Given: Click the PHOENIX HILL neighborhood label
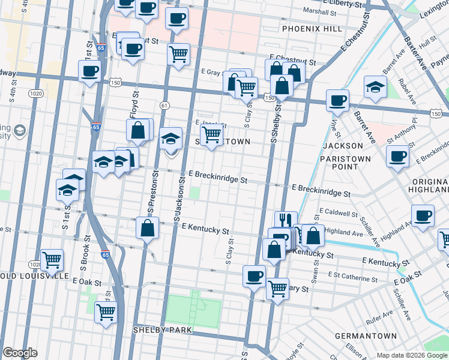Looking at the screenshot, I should point(312,29).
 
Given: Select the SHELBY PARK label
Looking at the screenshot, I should point(162,330).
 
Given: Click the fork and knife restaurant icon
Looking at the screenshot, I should point(286,220).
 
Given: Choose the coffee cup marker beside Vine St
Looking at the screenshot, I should point(337,100).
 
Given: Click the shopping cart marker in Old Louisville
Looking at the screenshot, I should point(52,259).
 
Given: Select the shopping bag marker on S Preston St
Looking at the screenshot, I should point(147,228).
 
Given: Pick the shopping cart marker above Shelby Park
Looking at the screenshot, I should point(106,311).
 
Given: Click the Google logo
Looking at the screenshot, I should point(20,353).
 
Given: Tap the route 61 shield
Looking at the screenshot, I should point(164,106).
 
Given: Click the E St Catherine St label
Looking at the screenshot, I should point(354,275).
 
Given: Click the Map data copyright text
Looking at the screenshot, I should point(412,355).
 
